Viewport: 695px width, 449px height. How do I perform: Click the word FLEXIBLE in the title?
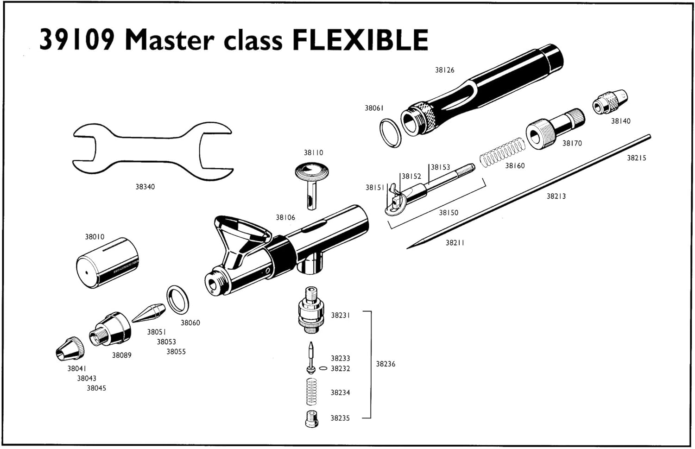tap(360, 40)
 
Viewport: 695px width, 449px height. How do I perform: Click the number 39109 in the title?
tap(77, 40)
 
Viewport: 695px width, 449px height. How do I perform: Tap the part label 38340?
tap(145, 187)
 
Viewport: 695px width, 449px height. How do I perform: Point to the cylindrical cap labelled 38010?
tap(107, 264)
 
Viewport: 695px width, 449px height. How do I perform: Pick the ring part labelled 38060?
tap(177, 299)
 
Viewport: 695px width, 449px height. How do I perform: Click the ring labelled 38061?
tap(391, 133)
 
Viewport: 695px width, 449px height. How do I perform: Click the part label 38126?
tap(444, 70)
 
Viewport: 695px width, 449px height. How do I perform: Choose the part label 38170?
tap(572, 143)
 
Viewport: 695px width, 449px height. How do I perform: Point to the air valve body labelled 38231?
tap(310, 310)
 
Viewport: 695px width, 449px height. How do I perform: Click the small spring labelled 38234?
tap(312, 392)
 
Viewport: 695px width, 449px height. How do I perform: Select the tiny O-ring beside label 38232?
tap(323, 369)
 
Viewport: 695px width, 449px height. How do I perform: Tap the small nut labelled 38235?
tap(311, 419)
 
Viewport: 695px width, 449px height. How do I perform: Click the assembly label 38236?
tap(385, 364)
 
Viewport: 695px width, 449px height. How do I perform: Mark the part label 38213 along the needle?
tap(556, 196)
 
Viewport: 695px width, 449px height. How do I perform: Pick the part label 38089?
tap(121, 355)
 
